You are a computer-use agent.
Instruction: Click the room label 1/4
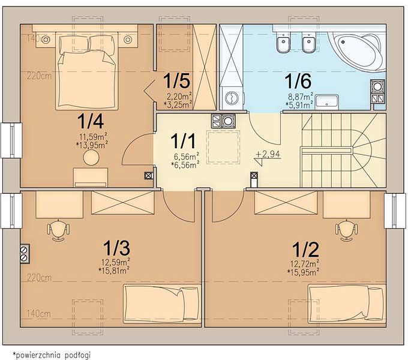tap(91, 121)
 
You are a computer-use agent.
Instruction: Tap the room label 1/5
tap(176, 80)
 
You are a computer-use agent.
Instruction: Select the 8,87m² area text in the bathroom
tap(301, 97)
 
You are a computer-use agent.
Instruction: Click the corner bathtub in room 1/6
tap(356, 51)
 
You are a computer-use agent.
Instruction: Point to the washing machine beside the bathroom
tap(232, 98)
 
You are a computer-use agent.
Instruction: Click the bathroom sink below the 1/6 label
tap(327, 102)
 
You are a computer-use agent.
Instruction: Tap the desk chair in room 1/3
tap(58, 230)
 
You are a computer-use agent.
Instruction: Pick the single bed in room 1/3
tap(162, 304)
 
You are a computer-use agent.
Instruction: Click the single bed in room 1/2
tap(347, 304)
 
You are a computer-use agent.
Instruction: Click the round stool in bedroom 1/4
tap(91, 158)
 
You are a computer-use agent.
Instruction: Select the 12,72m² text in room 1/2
tap(304, 264)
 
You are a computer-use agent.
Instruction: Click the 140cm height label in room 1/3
tap(39, 314)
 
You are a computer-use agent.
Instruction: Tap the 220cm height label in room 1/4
tap(39, 76)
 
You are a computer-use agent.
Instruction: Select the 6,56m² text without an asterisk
tap(187, 157)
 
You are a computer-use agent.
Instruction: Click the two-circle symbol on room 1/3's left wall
tap(25, 254)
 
